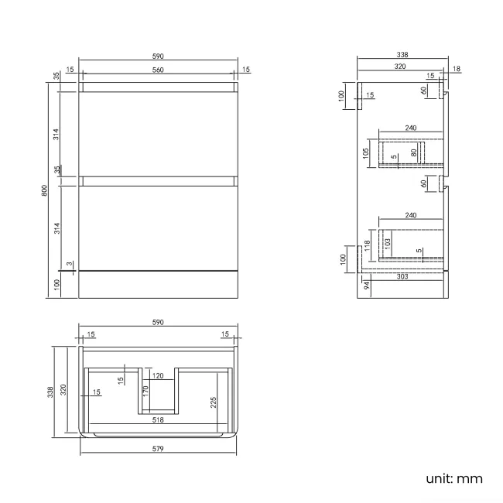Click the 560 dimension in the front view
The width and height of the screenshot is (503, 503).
tap(158, 70)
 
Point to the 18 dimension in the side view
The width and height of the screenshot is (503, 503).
tap(456, 70)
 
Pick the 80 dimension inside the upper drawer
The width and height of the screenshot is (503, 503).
tap(414, 152)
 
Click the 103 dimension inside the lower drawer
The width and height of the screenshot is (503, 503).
tap(388, 242)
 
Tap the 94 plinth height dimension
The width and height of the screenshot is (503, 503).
tap(366, 285)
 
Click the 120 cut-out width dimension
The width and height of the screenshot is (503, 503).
tap(157, 376)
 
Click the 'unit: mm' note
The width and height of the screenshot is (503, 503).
tap(453, 477)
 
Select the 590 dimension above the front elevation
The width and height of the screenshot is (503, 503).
tap(158, 56)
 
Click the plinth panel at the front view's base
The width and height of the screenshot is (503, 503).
tap(158, 284)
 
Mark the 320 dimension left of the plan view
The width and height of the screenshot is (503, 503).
tap(64, 391)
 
